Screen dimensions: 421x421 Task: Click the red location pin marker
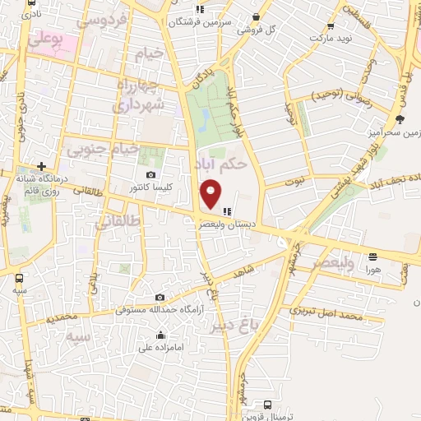point(211,194)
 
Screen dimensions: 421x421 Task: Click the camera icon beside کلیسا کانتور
point(150,175)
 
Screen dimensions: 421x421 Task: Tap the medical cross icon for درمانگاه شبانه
point(41,166)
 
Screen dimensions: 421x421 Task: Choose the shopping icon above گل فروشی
point(257,16)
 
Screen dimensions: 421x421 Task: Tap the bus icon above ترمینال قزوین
point(268,405)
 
